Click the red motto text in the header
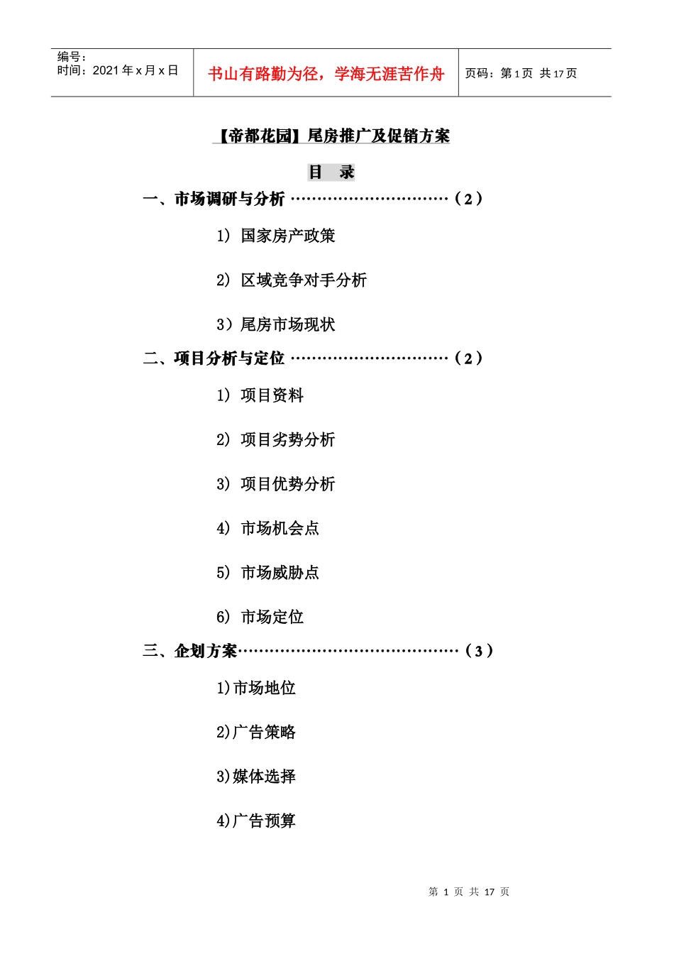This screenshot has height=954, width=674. tap(326, 74)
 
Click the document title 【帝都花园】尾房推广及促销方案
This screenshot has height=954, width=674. tap(331, 136)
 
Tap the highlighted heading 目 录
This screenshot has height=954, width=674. tap(331, 172)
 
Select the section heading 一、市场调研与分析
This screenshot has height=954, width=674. tap(214, 199)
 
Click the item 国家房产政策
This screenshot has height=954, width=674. tap(287, 236)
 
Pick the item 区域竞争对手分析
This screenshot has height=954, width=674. tap(303, 280)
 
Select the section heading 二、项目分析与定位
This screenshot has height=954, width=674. tap(214, 358)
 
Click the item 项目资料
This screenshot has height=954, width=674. tap(272, 395)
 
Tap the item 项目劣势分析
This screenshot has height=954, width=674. tap(287, 440)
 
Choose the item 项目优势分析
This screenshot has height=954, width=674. tap(287, 484)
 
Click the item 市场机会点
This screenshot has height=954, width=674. tap(280, 528)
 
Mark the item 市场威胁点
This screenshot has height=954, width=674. tap(280, 573)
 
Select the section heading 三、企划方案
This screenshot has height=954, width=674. tap(190, 651)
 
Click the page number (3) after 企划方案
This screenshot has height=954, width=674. tap(479, 651)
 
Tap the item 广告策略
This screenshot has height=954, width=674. tap(264, 732)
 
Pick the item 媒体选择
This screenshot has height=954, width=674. tap(264, 777)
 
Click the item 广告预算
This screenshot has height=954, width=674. tap(264, 821)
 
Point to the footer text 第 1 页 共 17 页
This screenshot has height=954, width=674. tap(469, 892)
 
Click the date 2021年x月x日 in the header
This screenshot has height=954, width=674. tap(135, 70)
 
